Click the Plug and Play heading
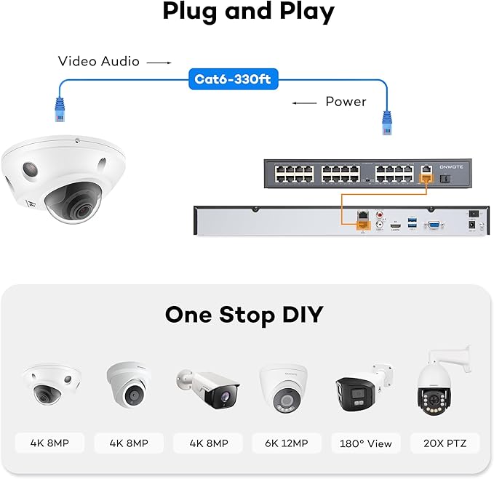(x=248, y=12)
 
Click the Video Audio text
(x=99, y=62)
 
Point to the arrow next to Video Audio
(x=159, y=63)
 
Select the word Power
(x=346, y=101)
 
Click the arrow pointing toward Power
(x=305, y=102)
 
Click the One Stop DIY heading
(x=244, y=315)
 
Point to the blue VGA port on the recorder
(x=433, y=226)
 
